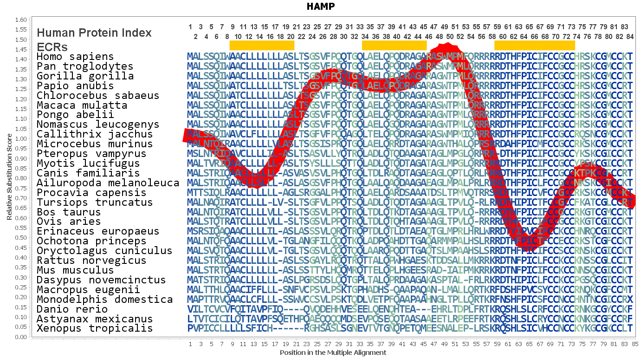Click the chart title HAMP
[320, 7]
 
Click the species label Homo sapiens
[75, 57]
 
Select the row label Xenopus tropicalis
[95, 328]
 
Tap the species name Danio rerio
[72, 309]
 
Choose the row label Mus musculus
[75, 270]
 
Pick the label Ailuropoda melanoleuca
[108, 183]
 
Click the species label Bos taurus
[69, 212]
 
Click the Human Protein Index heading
[94, 33]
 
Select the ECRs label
[52, 47]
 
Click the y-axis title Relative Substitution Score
[9, 177]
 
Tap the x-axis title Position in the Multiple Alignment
[333, 353]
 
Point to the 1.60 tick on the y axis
[21, 20]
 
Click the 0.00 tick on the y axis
[21, 337]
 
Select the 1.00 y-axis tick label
[21, 138]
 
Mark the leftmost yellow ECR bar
[262, 45]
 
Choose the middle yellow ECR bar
[394, 45]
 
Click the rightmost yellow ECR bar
[534, 45]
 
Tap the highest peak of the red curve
[447, 48]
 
